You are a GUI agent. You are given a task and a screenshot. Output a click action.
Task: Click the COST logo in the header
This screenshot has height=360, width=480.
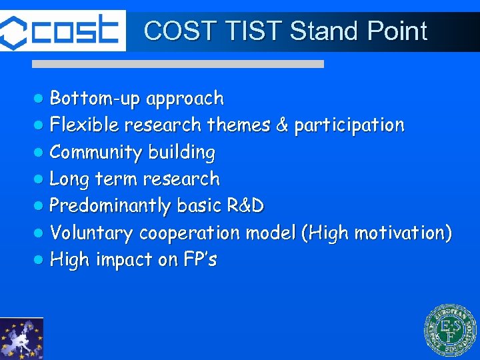point(63,31)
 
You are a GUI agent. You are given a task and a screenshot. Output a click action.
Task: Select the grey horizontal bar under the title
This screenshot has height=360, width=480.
point(178,64)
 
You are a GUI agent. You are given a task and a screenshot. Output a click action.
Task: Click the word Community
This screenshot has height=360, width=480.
point(96,153)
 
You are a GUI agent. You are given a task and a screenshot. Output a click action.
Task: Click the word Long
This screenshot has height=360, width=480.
point(70,179)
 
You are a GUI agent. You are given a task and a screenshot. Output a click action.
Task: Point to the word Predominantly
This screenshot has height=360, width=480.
point(110,206)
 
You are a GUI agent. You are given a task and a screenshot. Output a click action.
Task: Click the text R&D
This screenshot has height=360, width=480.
point(245,205)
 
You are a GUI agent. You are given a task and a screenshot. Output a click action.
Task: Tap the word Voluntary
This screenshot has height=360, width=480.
point(92,233)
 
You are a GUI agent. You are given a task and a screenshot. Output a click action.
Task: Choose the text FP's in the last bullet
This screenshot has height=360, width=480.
point(199,259)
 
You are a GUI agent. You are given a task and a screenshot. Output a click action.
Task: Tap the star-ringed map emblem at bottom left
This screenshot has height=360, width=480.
point(21,339)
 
